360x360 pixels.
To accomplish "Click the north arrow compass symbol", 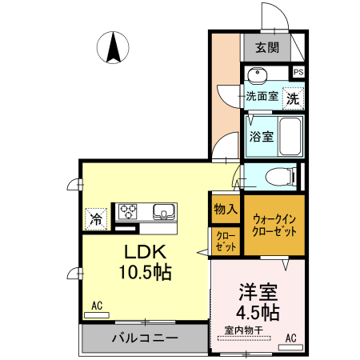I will [113, 47].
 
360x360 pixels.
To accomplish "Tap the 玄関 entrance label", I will [267, 47].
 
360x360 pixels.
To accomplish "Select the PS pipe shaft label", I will [298, 73].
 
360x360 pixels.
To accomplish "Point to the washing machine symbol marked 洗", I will [293, 99].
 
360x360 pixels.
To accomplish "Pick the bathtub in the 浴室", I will [289, 137].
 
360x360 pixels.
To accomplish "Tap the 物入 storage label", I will [226, 210].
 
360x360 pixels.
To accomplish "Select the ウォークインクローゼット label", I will [274, 225].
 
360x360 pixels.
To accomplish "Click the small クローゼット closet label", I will [224, 242].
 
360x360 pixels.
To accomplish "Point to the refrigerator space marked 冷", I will [96, 216].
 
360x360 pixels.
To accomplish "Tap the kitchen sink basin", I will [164, 212].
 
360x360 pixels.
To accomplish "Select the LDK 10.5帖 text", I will [145, 259].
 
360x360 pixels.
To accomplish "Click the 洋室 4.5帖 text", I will [257, 301].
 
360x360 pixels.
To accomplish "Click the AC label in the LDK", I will [97, 306].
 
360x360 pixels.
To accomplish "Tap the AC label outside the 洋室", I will [291, 337].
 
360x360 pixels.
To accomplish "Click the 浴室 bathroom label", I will [261, 136].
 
